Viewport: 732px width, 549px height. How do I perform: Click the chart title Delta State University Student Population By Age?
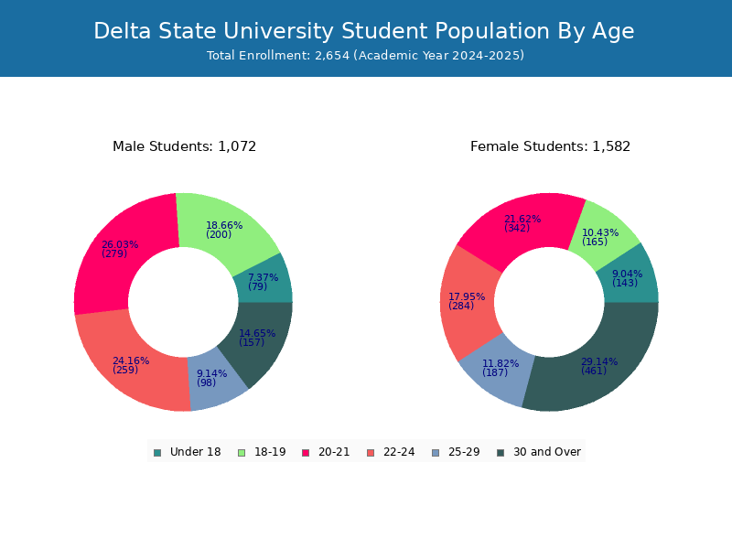363,31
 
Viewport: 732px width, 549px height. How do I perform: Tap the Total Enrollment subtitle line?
365,56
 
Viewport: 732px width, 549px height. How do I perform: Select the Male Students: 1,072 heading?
185,146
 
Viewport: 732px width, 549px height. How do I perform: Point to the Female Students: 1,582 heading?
550,146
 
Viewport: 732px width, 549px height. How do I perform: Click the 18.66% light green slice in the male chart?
224,229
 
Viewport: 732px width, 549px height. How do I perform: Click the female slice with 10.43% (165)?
601,236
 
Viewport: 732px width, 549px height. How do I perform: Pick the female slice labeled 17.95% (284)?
467,303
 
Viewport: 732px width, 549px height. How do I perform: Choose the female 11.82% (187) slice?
497,369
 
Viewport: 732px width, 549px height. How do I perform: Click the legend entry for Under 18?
188,452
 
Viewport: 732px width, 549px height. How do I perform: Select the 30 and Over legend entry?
539,452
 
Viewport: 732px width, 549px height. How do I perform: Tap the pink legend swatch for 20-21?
306,453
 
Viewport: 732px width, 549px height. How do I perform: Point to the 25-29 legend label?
464,452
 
